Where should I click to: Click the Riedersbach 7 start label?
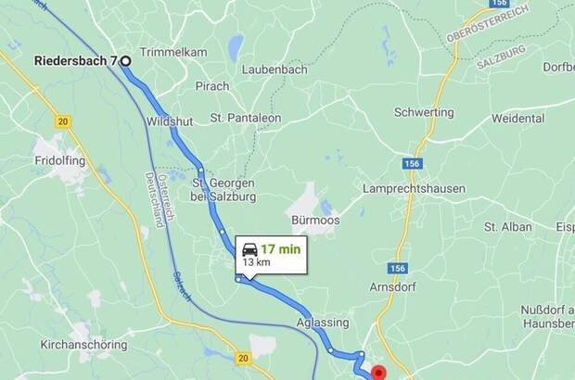(75, 61)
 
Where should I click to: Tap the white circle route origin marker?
(125, 61)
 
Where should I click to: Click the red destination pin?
(378, 373)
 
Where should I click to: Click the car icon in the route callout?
(249, 248)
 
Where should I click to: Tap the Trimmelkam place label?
(172, 52)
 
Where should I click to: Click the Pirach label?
(212, 86)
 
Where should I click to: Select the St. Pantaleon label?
(246, 118)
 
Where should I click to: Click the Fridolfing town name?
(60, 160)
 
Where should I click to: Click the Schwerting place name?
(424, 112)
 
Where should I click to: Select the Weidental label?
(518, 119)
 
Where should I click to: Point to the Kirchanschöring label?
(82, 344)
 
